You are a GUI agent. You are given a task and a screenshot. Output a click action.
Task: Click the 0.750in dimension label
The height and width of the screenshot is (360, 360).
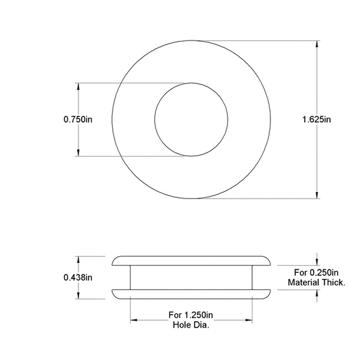coord(78,119)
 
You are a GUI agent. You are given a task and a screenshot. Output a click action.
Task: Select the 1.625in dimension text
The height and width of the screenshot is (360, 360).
coord(317,119)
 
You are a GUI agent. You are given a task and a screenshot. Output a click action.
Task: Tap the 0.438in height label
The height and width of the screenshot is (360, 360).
coord(78,277)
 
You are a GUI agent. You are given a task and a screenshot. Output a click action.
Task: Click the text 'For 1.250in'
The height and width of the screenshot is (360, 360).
coord(191,314)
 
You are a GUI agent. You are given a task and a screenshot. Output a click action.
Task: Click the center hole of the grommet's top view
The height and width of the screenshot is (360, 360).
coord(191,119)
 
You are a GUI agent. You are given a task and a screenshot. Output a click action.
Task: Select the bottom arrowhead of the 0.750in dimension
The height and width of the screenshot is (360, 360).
coord(78,153)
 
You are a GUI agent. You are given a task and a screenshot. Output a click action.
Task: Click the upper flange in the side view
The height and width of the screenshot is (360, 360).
coord(191,260)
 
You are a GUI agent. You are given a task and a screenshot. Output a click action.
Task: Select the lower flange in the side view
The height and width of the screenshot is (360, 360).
coord(191,294)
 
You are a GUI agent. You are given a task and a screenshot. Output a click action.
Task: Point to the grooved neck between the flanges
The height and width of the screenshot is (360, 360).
coord(191,277)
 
